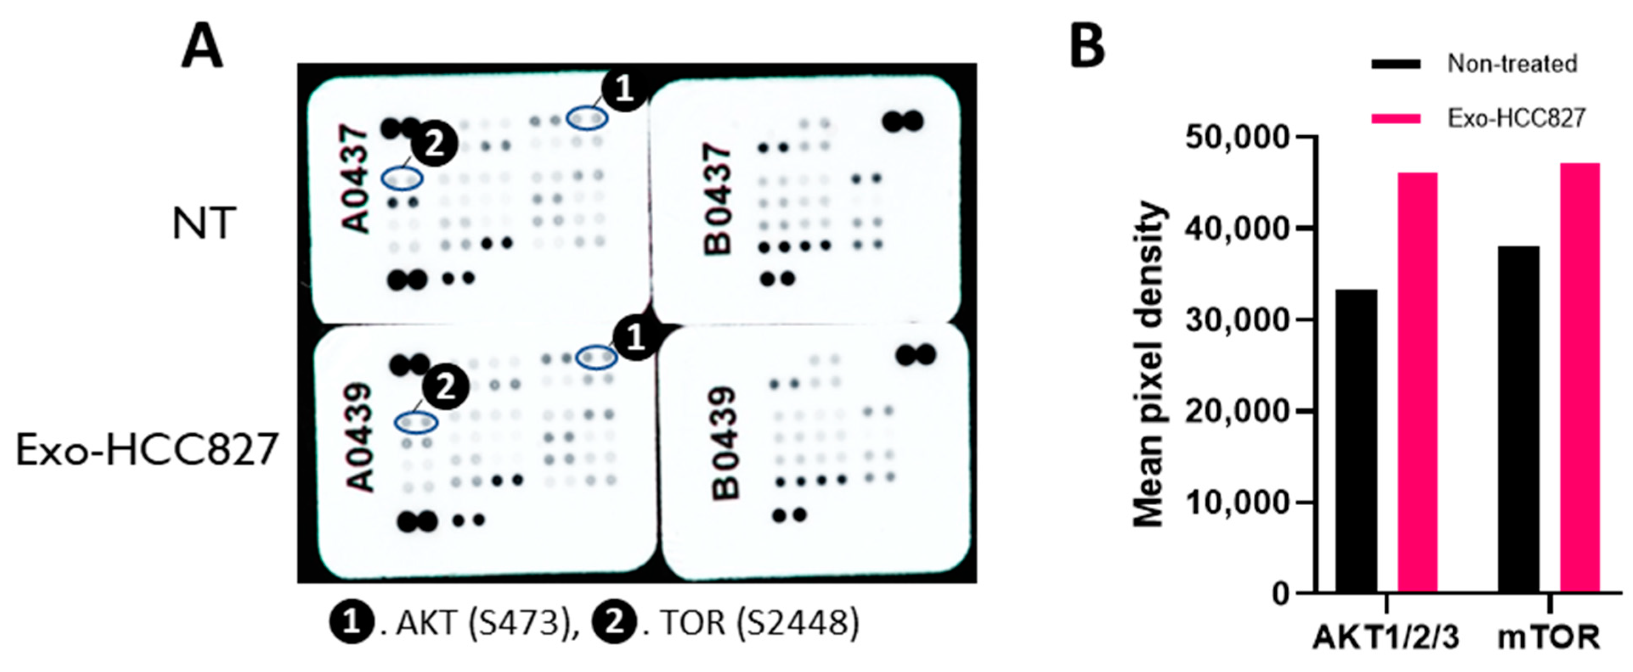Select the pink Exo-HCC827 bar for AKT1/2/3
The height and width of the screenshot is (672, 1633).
[x=1418, y=383]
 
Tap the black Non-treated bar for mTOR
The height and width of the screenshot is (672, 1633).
[x=1518, y=419]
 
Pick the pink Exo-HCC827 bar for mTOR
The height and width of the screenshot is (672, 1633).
[x=1580, y=378]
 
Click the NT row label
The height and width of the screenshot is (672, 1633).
[x=204, y=223]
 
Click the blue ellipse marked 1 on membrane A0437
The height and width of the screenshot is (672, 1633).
[x=587, y=118]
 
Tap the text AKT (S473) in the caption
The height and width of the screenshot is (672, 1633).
[x=479, y=624]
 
